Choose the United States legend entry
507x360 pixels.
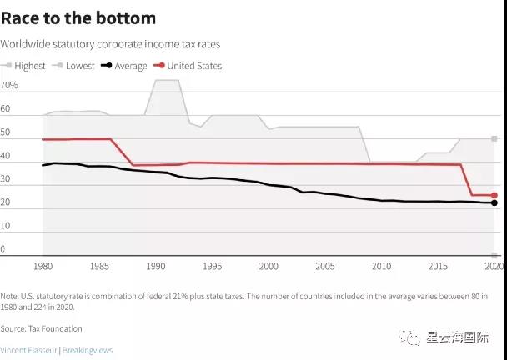tap(187, 65)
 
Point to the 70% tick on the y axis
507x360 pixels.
tap(9, 86)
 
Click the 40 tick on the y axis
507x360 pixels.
tap(6, 156)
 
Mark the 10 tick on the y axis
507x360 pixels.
tap(6, 226)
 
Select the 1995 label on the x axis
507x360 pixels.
tap(213, 266)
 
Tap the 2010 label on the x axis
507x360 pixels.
tap(382, 266)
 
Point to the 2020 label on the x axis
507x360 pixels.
tap(494, 266)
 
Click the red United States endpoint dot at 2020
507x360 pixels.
tap(494, 196)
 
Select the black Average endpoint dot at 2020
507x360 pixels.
tap(494, 203)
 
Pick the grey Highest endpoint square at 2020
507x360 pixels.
tap(494, 138)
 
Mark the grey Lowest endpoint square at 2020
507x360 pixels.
tap(494, 255)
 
